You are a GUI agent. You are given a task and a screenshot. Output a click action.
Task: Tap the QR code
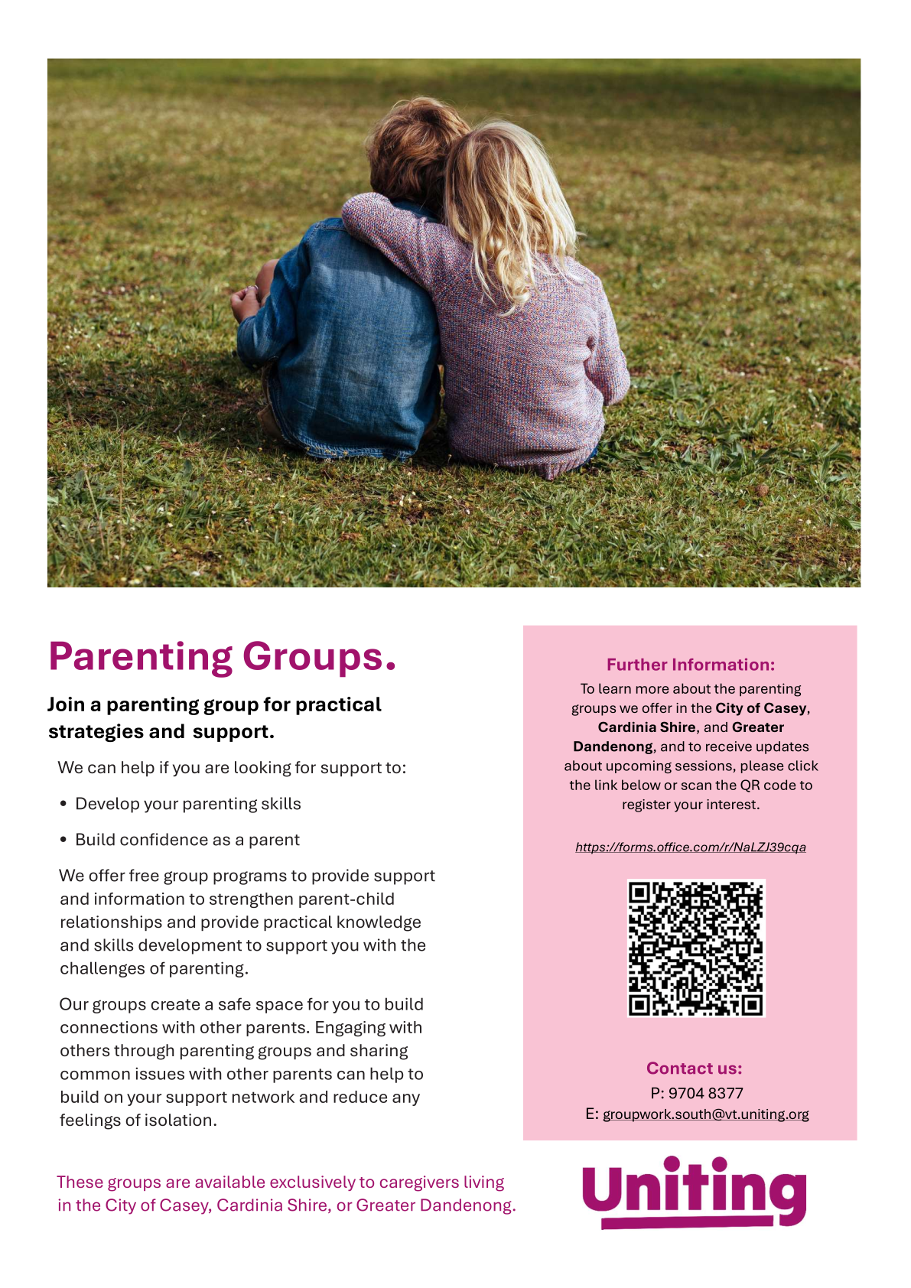point(695,948)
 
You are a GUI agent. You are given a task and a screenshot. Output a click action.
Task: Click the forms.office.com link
point(690,847)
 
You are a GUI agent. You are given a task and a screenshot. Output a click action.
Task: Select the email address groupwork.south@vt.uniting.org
point(705,1114)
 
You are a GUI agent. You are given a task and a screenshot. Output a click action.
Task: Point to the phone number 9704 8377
point(705,1093)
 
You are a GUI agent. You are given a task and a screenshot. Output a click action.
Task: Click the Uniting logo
point(694,1192)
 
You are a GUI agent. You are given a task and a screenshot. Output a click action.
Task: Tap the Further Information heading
point(690,665)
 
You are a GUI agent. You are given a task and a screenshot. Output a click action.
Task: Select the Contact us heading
point(694,1068)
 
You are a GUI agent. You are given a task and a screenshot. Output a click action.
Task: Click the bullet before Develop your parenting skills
point(63,805)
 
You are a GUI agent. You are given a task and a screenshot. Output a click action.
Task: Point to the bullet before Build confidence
point(63,841)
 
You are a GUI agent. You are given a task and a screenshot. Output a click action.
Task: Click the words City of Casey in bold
point(760,708)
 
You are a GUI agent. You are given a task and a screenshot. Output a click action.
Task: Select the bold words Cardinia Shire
point(646,727)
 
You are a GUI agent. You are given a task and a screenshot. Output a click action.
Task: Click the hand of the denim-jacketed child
point(245,302)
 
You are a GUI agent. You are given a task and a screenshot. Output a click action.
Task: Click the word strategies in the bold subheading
point(96,732)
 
